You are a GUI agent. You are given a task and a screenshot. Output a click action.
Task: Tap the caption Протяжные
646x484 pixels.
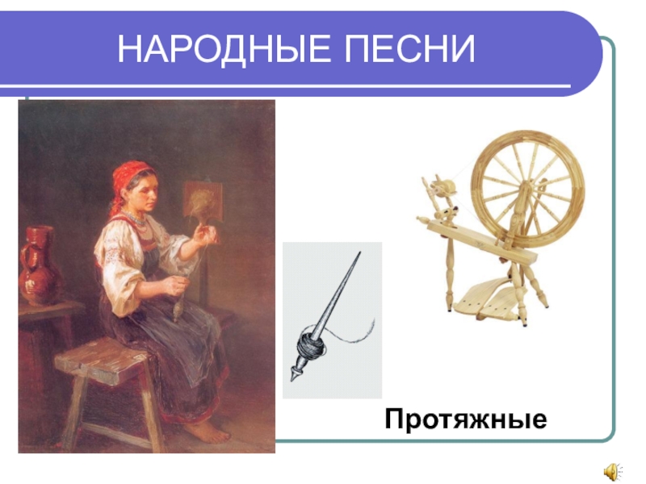pos(466,419)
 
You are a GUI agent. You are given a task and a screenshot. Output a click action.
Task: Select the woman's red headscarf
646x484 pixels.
pos(129,177)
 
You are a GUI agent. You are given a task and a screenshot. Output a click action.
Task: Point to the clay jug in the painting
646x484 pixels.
pos(38,266)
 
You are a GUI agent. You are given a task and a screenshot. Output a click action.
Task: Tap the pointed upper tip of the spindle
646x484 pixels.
pos(356,256)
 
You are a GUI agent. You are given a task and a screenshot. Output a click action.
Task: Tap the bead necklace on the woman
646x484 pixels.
pos(139,219)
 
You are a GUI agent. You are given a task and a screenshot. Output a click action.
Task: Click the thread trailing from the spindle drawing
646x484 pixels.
pos(355,330)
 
